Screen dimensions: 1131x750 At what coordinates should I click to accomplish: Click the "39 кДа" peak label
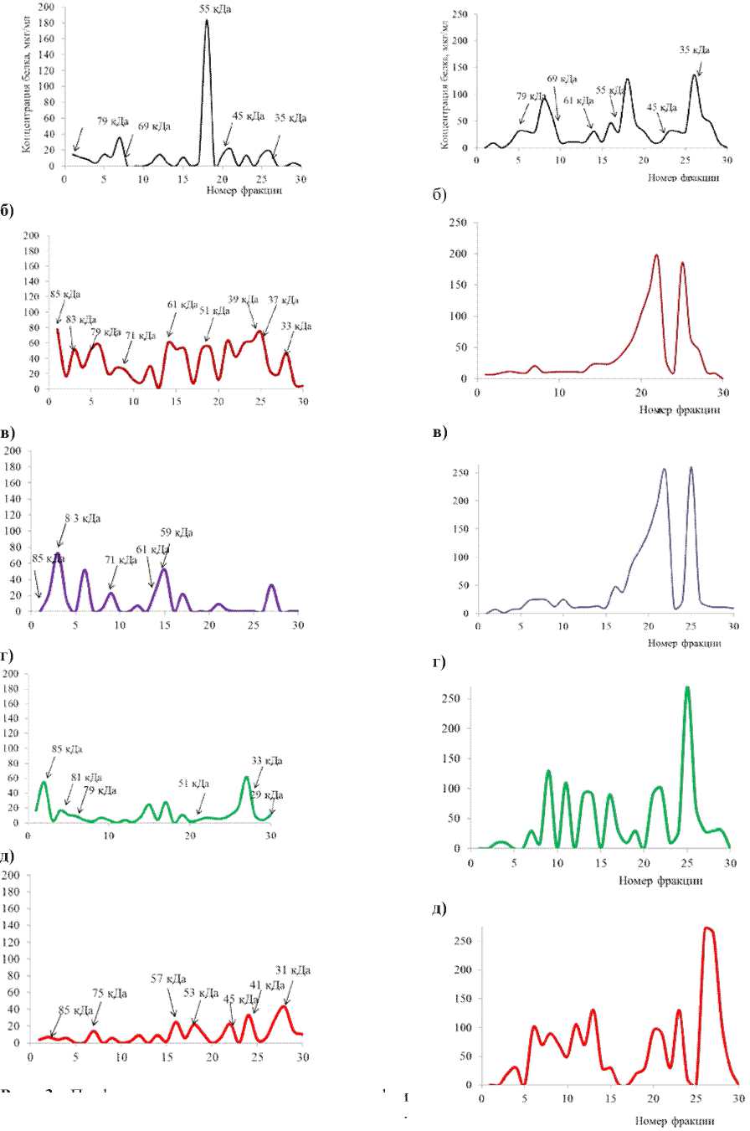[x=242, y=300]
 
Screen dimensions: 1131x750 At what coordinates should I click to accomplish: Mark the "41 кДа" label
[x=269, y=985]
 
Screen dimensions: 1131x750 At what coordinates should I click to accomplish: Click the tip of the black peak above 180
[x=206, y=20]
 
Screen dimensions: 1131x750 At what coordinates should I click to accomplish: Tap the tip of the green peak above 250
[x=687, y=688]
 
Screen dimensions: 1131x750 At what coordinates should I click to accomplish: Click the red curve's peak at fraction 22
[x=656, y=255]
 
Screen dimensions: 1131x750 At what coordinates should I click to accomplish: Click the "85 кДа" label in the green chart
[x=67, y=749]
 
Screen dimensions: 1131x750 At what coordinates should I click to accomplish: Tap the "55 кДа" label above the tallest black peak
[x=222, y=8]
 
